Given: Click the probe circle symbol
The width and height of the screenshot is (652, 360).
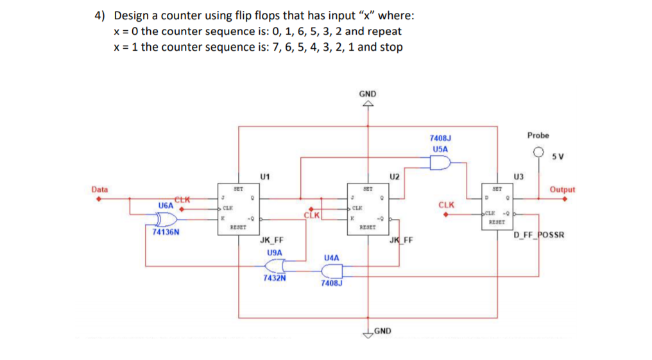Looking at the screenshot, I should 538,153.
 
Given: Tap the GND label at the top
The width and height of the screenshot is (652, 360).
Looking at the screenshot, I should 368,94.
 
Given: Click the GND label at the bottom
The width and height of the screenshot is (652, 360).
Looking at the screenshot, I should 384,331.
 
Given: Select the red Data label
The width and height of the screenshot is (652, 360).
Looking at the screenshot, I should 99,189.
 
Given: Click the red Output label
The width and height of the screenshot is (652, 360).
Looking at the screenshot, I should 562,189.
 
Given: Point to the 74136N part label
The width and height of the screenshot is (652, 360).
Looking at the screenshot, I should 166,233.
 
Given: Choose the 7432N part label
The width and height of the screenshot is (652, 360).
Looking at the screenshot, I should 275,279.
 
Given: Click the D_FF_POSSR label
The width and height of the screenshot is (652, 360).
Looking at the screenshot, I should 539,235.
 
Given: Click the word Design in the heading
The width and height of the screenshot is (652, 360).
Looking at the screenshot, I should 133,15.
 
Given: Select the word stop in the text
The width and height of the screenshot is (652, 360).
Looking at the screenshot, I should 391,47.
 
